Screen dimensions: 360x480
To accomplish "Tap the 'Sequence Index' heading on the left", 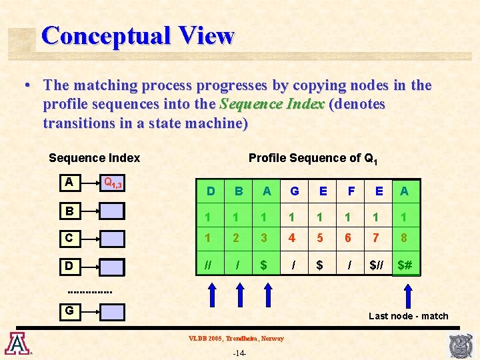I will tap(94, 158).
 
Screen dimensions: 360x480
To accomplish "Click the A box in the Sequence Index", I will tap(69, 182).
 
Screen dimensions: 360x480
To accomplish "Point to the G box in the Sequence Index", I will tap(69, 310).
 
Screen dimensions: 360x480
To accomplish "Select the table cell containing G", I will tap(294, 191).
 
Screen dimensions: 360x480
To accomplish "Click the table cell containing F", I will tap(351, 191).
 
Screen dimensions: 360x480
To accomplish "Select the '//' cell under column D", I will tap(211, 265).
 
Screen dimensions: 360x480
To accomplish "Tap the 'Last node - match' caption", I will tap(409, 316).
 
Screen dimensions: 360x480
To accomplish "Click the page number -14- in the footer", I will tap(240, 353).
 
